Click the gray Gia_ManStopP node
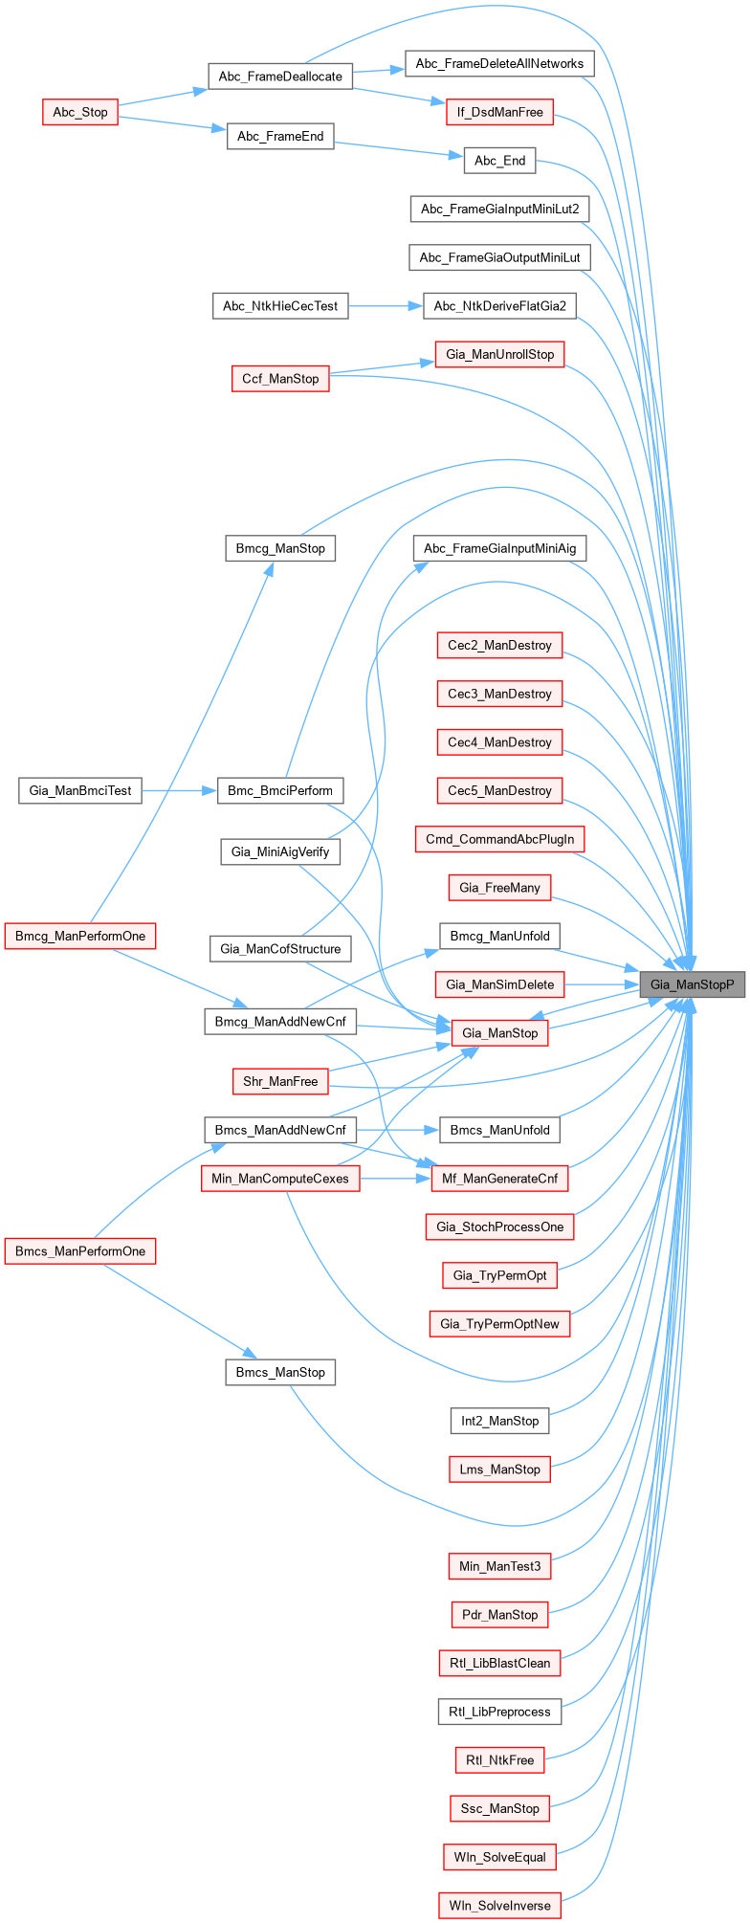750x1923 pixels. pyautogui.click(x=692, y=984)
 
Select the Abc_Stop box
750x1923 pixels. pyautogui.click(x=80, y=112)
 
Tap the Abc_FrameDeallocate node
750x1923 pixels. pyautogui.click(x=280, y=77)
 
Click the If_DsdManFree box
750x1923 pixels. pyautogui.click(x=499, y=112)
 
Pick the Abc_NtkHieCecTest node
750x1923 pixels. pyautogui.click(x=280, y=306)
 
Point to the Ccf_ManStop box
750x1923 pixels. pyautogui.click(x=280, y=379)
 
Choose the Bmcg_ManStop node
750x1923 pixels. pyautogui.click(x=280, y=548)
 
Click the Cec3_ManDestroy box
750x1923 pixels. pyautogui.click(x=499, y=694)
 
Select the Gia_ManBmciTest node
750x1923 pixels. pyautogui.click(x=80, y=790)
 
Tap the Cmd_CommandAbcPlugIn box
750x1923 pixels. pyautogui.click(x=499, y=839)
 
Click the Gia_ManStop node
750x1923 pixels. pyautogui.click(x=499, y=1033)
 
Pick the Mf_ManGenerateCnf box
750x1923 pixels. pyautogui.click(x=499, y=1179)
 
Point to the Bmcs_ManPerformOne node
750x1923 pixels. pyautogui.click(x=80, y=1251)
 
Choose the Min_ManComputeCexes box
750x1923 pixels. pyautogui.click(x=280, y=1179)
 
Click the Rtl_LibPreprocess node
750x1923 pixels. pyautogui.click(x=499, y=1712)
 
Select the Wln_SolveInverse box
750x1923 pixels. pyautogui.click(x=499, y=1906)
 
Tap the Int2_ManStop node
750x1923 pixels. pyautogui.click(x=499, y=1421)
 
